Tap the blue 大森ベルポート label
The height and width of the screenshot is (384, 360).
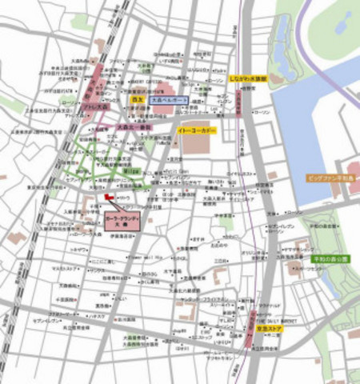tap(169, 99)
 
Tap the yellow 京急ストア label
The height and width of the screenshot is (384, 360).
tap(272, 328)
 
